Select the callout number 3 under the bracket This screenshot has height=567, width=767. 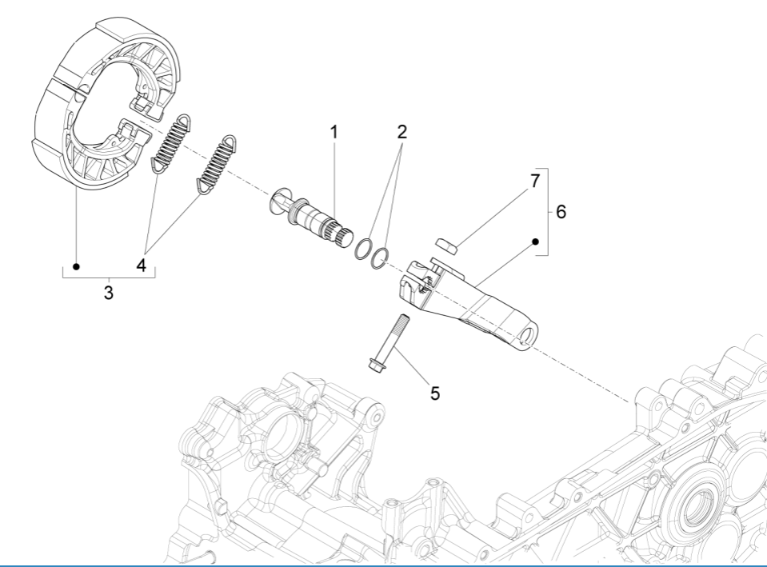click(108, 293)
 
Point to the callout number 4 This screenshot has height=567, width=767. click(142, 266)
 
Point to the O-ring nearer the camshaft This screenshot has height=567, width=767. click(365, 249)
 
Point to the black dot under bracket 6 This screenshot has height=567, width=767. click(535, 240)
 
